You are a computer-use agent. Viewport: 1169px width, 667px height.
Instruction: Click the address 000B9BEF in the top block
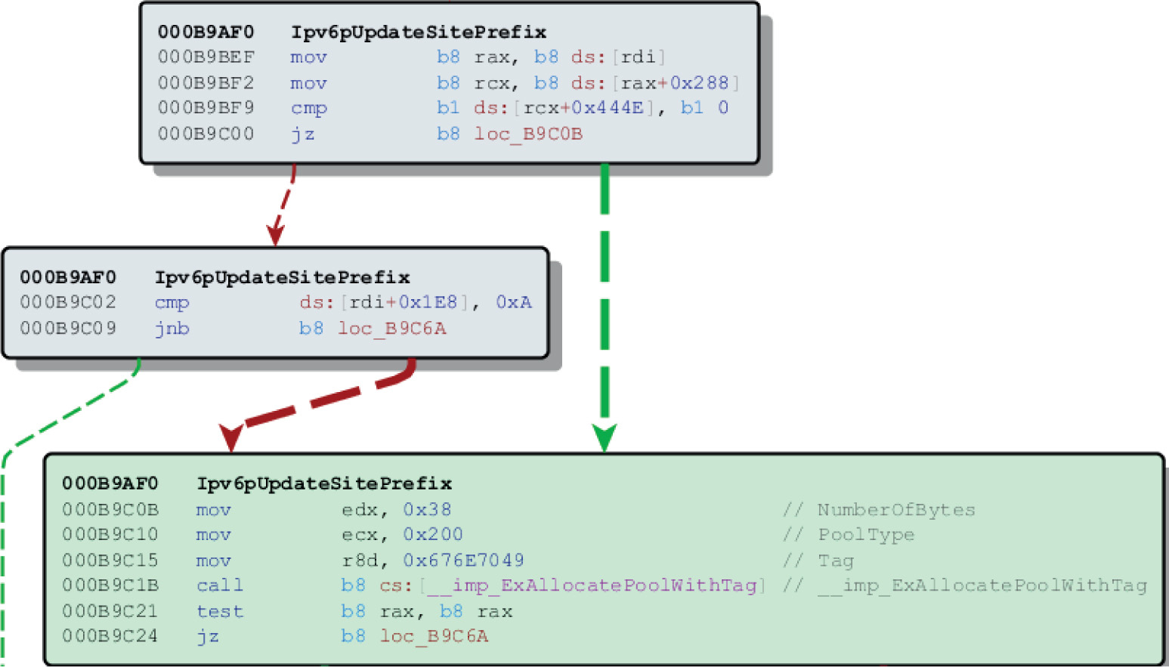206,57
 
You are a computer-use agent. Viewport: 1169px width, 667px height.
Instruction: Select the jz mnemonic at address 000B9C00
302,134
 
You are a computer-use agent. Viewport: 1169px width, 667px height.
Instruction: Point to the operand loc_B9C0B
528,134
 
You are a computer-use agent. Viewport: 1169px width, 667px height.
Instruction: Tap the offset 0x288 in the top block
699,83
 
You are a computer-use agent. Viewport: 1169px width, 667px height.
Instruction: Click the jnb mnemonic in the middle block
172,329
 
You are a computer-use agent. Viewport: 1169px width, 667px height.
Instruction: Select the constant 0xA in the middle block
514,302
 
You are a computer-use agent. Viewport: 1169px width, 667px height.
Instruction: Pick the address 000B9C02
68,302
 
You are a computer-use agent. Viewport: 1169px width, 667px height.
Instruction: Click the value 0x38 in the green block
427,510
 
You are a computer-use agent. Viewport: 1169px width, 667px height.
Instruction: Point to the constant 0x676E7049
463,560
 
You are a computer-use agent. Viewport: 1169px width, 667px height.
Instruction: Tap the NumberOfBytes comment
896,510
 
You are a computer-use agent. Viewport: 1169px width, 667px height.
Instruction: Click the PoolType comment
866,535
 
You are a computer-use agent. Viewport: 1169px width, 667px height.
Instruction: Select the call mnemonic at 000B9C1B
219,585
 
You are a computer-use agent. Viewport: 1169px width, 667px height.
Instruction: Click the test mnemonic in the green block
219,611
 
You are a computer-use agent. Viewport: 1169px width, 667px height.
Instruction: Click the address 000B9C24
110,636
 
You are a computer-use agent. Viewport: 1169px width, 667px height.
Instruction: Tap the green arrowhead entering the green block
605,438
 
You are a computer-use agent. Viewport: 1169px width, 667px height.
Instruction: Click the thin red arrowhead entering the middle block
275,236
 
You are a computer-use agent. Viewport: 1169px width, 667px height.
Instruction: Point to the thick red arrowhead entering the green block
230,437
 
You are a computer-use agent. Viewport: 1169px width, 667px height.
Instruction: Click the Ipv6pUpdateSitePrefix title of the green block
324,483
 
